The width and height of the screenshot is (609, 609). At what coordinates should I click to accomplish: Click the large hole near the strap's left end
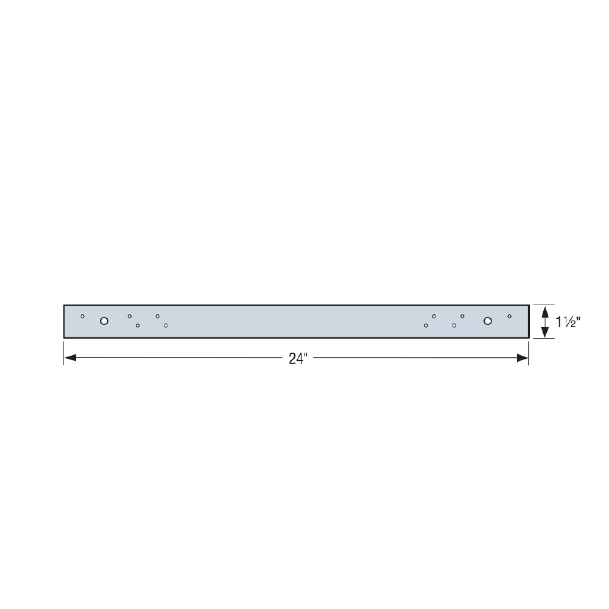[x=104, y=321]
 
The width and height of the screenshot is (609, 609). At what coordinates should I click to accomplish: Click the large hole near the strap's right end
[x=487, y=321]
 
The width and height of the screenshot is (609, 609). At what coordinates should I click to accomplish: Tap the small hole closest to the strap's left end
[x=82, y=316]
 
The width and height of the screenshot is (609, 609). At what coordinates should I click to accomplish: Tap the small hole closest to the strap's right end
[x=509, y=316]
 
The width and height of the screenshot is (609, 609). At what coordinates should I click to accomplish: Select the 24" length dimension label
[x=298, y=359]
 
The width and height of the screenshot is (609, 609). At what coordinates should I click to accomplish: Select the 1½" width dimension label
[x=568, y=322]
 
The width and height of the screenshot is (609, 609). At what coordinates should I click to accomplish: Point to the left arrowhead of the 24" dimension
[x=70, y=357]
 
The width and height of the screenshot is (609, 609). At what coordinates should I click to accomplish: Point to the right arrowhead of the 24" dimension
[x=523, y=357]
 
